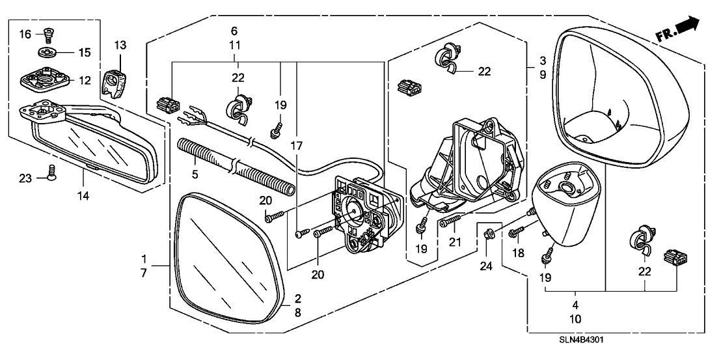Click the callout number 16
point(25,33)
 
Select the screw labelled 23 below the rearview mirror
point(49,171)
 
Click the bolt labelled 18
point(517,231)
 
